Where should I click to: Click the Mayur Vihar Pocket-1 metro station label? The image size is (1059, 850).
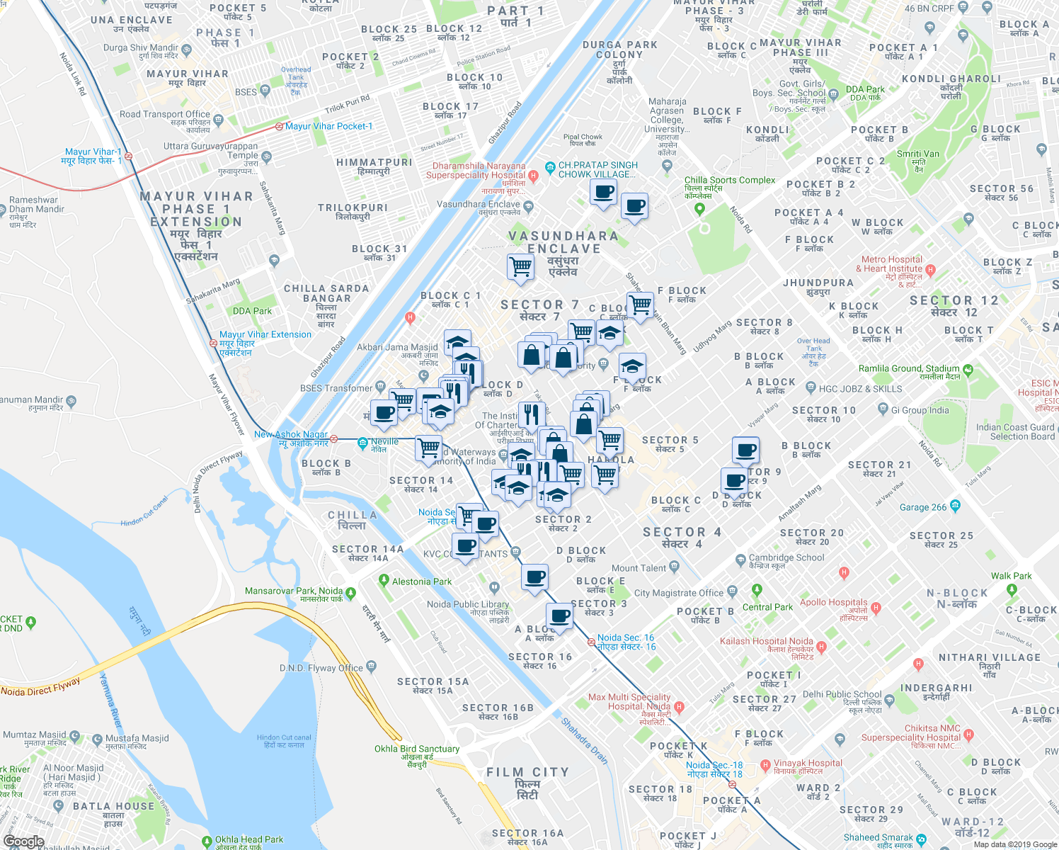pyautogui.click(x=328, y=126)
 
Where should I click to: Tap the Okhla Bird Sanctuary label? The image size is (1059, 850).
pyautogui.click(x=417, y=749)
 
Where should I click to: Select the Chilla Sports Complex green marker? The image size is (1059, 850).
pyautogui.click(x=699, y=209)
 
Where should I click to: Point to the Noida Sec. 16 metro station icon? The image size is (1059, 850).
pyautogui.click(x=591, y=642)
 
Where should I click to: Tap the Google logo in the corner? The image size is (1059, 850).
pyautogui.click(x=23, y=841)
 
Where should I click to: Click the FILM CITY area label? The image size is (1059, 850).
pyautogui.click(x=527, y=773)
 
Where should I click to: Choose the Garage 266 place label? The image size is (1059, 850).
pyautogui.click(x=922, y=507)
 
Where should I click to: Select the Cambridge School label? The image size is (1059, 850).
pyautogui.click(x=786, y=557)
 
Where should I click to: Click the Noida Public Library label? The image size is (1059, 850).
pyautogui.click(x=468, y=604)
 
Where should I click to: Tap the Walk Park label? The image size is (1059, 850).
pyautogui.click(x=1011, y=576)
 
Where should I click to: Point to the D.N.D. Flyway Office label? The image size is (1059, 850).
pyautogui.click(x=321, y=668)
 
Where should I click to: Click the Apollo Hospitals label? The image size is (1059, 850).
pyautogui.click(x=833, y=602)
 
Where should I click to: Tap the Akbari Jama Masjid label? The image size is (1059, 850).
pyautogui.click(x=397, y=347)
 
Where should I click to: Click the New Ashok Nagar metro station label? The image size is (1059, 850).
pyautogui.click(x=291, y=434)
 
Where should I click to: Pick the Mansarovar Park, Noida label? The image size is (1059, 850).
pyautogui.click(x=293, y=591)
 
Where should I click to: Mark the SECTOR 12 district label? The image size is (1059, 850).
pyautogui.click(x=954, y=300)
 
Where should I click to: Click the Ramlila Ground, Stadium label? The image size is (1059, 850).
pyautogui.click(x=909, y=368)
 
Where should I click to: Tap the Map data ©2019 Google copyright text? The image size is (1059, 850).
pyautogui.click(x=1014, y=844)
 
